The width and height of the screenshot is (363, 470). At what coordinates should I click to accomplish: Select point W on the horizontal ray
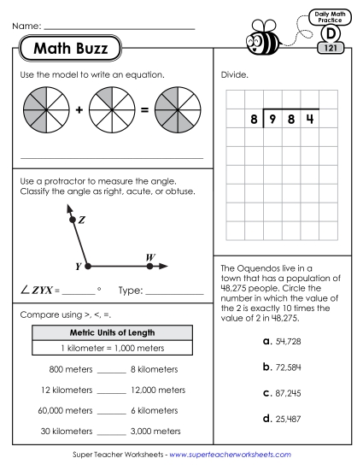click(150, 266)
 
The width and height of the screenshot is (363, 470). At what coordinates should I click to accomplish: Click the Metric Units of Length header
click(111, 332)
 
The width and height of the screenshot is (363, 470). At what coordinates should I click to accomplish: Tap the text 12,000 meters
click(157, 390)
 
